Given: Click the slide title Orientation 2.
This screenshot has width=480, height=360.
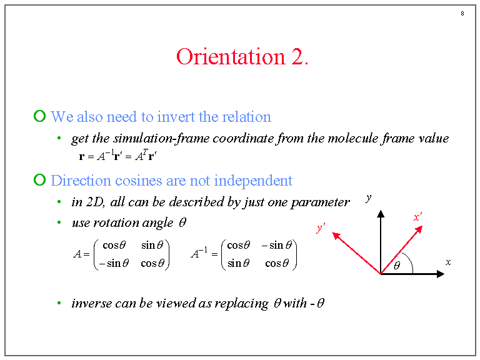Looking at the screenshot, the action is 242,57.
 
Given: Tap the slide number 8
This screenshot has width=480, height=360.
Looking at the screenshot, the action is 462,14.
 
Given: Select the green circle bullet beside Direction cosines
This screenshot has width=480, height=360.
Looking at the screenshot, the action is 39,180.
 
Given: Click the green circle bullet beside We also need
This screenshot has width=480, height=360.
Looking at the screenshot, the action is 39,116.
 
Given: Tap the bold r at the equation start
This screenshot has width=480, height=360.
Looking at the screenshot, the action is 82,157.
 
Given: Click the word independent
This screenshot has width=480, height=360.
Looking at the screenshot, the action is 253,181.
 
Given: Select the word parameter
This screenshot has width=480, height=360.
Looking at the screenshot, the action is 320,202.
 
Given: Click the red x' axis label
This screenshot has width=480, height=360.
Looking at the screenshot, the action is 417,217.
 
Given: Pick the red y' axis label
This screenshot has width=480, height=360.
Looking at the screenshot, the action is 321,227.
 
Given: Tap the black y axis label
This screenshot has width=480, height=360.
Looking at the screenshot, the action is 369,198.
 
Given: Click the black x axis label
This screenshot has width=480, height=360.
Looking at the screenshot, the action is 448,262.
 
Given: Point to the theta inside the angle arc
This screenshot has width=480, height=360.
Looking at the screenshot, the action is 397,265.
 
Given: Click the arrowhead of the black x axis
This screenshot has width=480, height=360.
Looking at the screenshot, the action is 441,274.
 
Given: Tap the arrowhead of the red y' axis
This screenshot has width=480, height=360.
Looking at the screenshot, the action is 336,236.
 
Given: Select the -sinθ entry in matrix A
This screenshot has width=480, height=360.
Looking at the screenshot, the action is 114,263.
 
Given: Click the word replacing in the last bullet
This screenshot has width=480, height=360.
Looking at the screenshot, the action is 241,304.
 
